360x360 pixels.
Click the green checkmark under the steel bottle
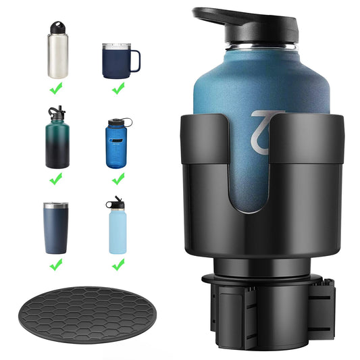tap(58, 87)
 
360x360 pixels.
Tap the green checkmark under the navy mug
tap(118, 87)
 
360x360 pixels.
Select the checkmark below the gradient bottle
tap(58, 178)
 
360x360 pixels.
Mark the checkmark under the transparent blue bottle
tap(118, 178)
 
